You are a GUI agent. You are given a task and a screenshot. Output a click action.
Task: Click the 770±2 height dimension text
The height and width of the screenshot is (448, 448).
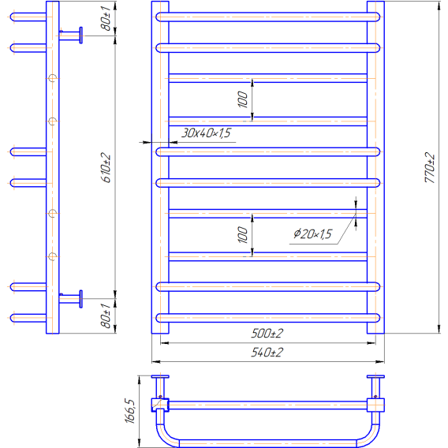(429, 168)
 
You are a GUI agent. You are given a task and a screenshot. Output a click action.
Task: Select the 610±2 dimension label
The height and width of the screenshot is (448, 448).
(106, 168)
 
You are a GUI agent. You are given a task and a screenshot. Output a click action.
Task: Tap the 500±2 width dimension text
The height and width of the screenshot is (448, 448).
(267, 334)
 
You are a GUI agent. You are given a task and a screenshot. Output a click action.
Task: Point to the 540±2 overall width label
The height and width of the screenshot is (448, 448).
(267, 353)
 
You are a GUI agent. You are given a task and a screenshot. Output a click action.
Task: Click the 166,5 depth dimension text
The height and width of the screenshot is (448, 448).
(129, 411)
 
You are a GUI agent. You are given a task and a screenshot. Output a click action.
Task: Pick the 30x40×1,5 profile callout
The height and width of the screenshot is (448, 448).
(206, 133)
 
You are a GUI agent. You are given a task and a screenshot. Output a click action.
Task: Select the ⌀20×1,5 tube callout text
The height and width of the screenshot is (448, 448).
(312, 234)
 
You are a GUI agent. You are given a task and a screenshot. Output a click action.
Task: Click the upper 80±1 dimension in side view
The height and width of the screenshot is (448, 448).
(106, 19)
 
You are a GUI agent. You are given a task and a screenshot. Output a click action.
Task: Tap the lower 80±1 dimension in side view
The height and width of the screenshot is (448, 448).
(106, 316)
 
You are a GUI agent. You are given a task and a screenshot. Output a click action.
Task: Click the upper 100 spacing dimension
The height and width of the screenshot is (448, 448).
(243, 99)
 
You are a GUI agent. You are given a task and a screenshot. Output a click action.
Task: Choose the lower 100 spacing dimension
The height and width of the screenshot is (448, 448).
(243, 235)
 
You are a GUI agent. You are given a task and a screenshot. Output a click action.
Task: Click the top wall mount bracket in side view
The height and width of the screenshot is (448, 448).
(71, 35)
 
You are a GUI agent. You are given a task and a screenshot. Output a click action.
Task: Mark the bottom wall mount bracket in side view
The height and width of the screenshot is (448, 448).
(71, 299)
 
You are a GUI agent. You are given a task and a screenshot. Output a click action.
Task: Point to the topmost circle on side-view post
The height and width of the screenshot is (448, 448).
(52, 78)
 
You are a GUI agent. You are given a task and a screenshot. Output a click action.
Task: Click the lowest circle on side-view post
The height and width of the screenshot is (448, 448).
(52, 256)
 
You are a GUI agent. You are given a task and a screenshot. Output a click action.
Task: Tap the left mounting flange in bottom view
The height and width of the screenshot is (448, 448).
(160, 377)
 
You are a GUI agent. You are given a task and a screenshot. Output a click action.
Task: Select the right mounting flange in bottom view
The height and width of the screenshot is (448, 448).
(375, 377)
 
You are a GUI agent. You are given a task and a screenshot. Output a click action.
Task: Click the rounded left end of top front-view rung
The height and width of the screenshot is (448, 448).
(156, 17)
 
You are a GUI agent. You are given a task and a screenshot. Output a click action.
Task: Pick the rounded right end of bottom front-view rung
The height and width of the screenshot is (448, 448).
(379, 318)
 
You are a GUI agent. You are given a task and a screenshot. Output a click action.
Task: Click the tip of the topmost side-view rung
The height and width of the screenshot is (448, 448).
(10, 17)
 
